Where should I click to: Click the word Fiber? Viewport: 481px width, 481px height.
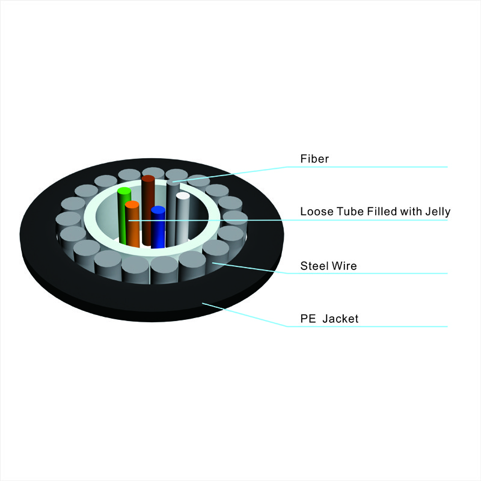[314, 159]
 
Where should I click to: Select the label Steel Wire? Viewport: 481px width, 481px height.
[328, 266]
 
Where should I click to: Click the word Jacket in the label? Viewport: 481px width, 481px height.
[340, 319]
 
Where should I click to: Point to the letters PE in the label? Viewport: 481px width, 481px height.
[308, 319]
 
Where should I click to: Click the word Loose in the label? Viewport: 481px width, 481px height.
[317, 212]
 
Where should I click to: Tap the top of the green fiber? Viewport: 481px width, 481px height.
[124, 191]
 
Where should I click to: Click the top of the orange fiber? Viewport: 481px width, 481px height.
[132, 204]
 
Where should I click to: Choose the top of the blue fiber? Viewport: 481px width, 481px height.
[158, 210]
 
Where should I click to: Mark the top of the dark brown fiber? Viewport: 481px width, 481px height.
[148, 179]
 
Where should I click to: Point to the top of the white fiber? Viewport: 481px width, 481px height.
[183, 196]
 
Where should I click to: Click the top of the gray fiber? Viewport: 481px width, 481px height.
[173, 182]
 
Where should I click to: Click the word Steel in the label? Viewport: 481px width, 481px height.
[313, 266]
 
